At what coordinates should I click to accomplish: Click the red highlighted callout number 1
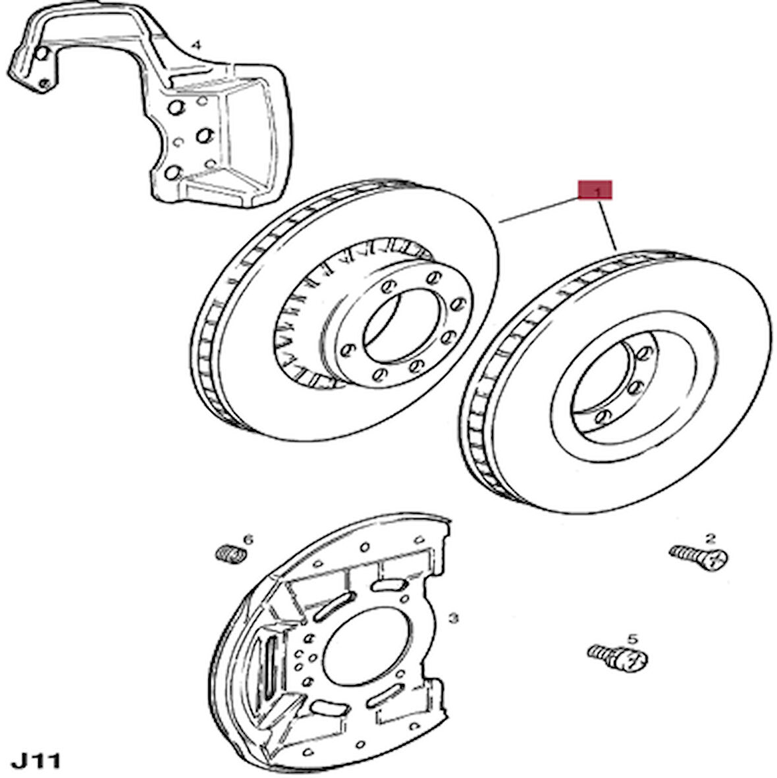pyautogui.click(x=595, y=190)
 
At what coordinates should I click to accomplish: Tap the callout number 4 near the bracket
pyautogui.click(x=195, y=45)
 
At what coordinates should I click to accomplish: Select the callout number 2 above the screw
pyautogui.click(x=710, y=538)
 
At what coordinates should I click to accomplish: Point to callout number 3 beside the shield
pyautogui.click(x=452, y=618)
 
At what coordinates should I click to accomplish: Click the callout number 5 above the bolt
pyautogui.click(x=632, y=638)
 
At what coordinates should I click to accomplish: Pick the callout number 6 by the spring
pyautogui.click(x=248, y=540)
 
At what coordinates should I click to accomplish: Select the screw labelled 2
pyautogui.click(x=699, y=558)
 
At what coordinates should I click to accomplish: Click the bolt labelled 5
pyautogui.click(x=616, y=656)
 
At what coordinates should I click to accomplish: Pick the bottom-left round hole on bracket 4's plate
pyautogui.click(x=173, y=172)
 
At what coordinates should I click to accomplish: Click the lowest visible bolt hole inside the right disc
pyautogui.click(x=603, y=415)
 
